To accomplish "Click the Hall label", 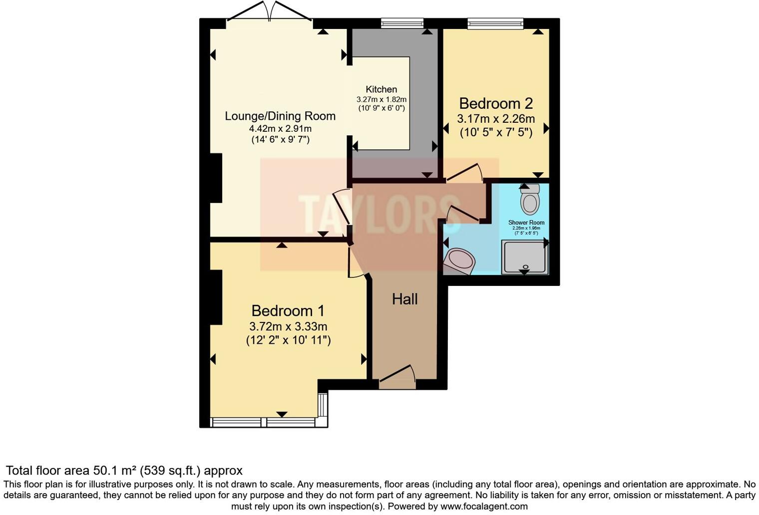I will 404,299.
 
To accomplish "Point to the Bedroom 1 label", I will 288,311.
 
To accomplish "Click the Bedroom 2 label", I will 496,103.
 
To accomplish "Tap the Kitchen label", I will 381,89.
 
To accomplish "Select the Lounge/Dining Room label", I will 280,116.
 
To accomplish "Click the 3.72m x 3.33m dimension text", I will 288,327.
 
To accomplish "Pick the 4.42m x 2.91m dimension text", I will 280,129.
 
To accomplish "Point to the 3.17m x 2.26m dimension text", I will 496,119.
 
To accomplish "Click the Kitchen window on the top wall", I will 402,22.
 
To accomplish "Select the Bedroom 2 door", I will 464,173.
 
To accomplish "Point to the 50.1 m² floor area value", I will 115,471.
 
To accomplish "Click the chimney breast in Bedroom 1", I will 216,297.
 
